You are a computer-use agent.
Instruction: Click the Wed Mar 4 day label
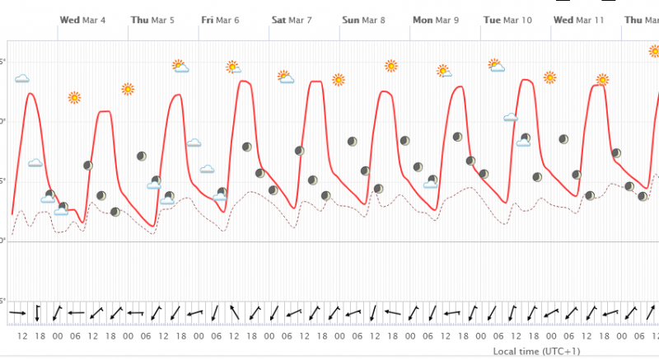(x=82, y=20)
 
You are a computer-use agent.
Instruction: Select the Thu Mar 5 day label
(x=152, y=20)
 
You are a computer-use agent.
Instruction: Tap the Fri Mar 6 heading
(x=222, y=20)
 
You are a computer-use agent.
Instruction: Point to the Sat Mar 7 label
(x=292, y=20)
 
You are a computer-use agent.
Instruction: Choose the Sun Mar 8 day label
(x=363, y=20)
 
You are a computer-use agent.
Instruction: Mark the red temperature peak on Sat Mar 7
(x=315, y=82)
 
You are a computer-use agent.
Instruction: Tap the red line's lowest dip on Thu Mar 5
(x=153, y=226)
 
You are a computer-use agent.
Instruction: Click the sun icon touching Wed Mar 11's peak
(x=603, y=80)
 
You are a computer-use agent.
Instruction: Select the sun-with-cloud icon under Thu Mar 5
(x=180, y=65)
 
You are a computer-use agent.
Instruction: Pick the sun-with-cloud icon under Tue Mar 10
(x=496, y=65)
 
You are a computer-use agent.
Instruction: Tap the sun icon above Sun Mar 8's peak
(x=390, y=66)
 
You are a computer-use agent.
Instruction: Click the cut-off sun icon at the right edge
(x=654, y=51)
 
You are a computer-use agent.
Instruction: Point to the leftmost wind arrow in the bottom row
(x=17, y=314)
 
